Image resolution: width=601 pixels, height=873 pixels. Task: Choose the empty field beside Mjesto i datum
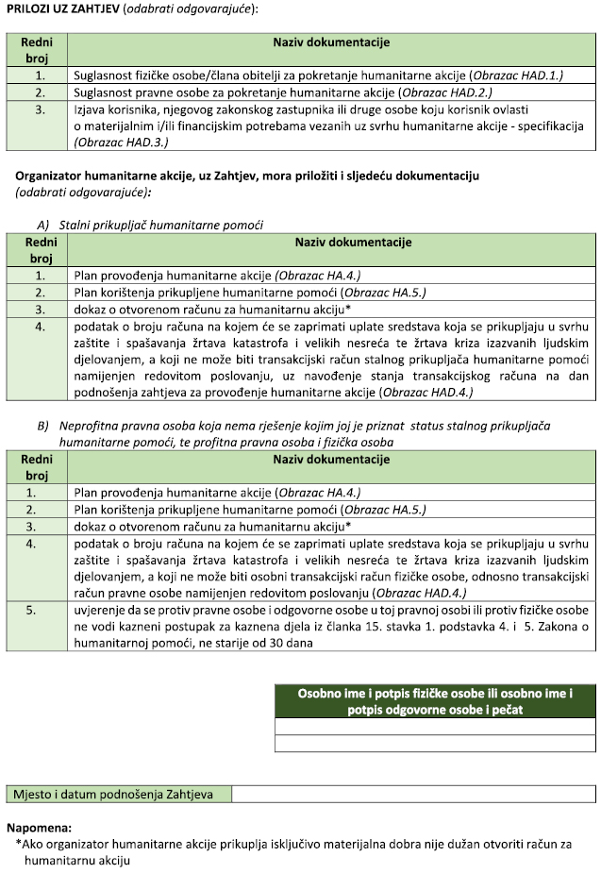pos(413,793)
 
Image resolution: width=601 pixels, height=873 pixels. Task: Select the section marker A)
pos(42,225)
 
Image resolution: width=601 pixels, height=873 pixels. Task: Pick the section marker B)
pos(42,426)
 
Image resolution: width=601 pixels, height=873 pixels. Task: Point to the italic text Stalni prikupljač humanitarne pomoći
pos(161,225)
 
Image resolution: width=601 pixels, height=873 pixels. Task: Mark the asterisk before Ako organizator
pos(19,844)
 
